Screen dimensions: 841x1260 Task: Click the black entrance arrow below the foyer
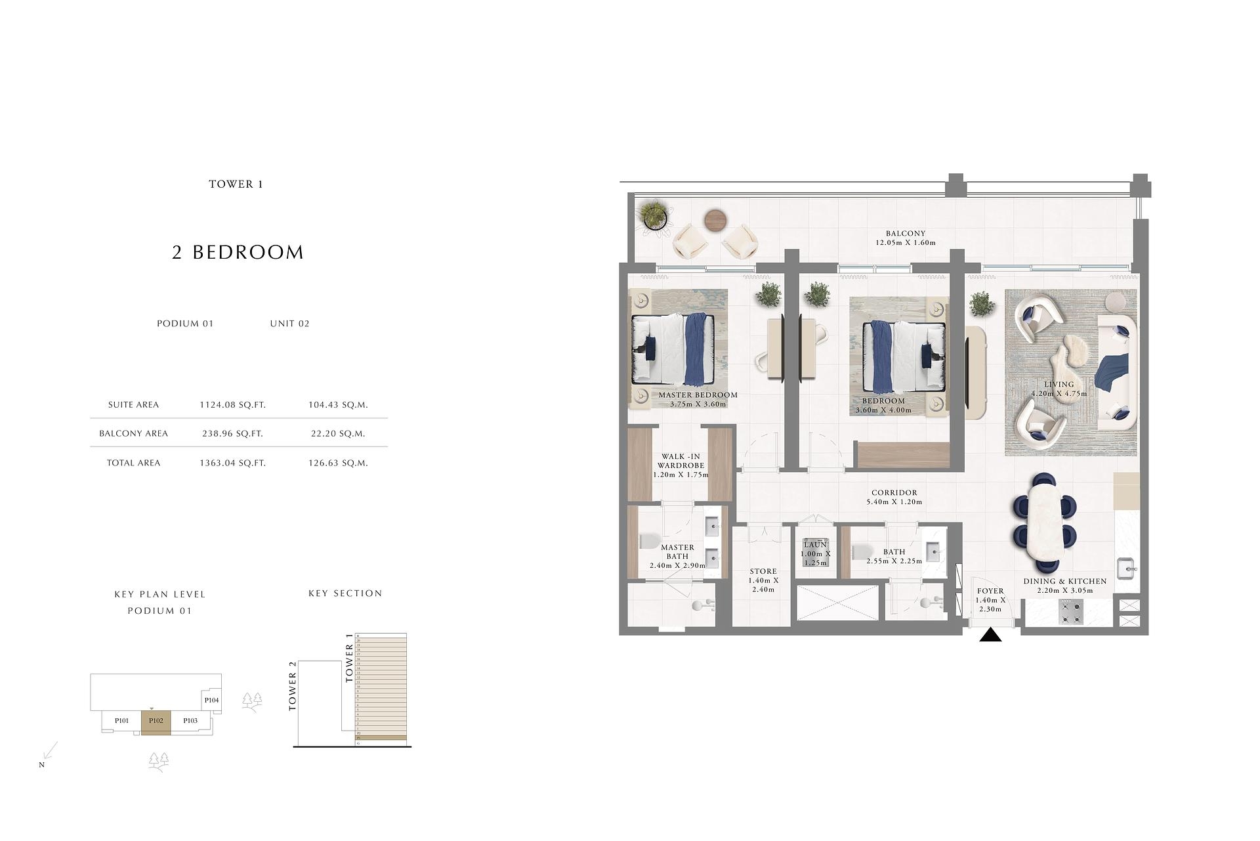pyautogui.click(x=990, y=635)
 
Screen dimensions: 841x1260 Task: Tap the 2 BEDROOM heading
pyautogui.click(x=238, y=252)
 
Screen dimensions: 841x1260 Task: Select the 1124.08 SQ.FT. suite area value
pyautogui.click(x=232, y=405)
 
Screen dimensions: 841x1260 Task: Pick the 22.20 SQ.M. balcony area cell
pyautogui.click(x=338, y=433)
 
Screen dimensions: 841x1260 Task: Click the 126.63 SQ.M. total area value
pyautogui.click(x=338, y=463)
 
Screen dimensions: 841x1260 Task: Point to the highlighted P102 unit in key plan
pyautogui.click(x=156, y=722)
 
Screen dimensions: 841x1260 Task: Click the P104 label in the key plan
pyautogui.click(x=211, y=701)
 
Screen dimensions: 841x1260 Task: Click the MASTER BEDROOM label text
pyautogui.click(x=698, y=395)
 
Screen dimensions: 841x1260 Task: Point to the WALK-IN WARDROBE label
pyautogui.click(x=681, y=461)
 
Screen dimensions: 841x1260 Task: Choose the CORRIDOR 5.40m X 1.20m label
pyautogui.click(x=894, y=497)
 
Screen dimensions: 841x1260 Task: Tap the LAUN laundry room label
pyautogui.click(x=815, y=545)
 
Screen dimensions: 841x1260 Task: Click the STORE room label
pyautogui.click(x=763, y=572)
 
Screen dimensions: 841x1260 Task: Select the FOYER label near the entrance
pyautogui.click(x=990, y=592)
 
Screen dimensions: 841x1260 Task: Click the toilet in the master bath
pyautogui.click(x=648, y=542)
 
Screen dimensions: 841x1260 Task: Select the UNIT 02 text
pyautogui.click(x=289, y=324)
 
